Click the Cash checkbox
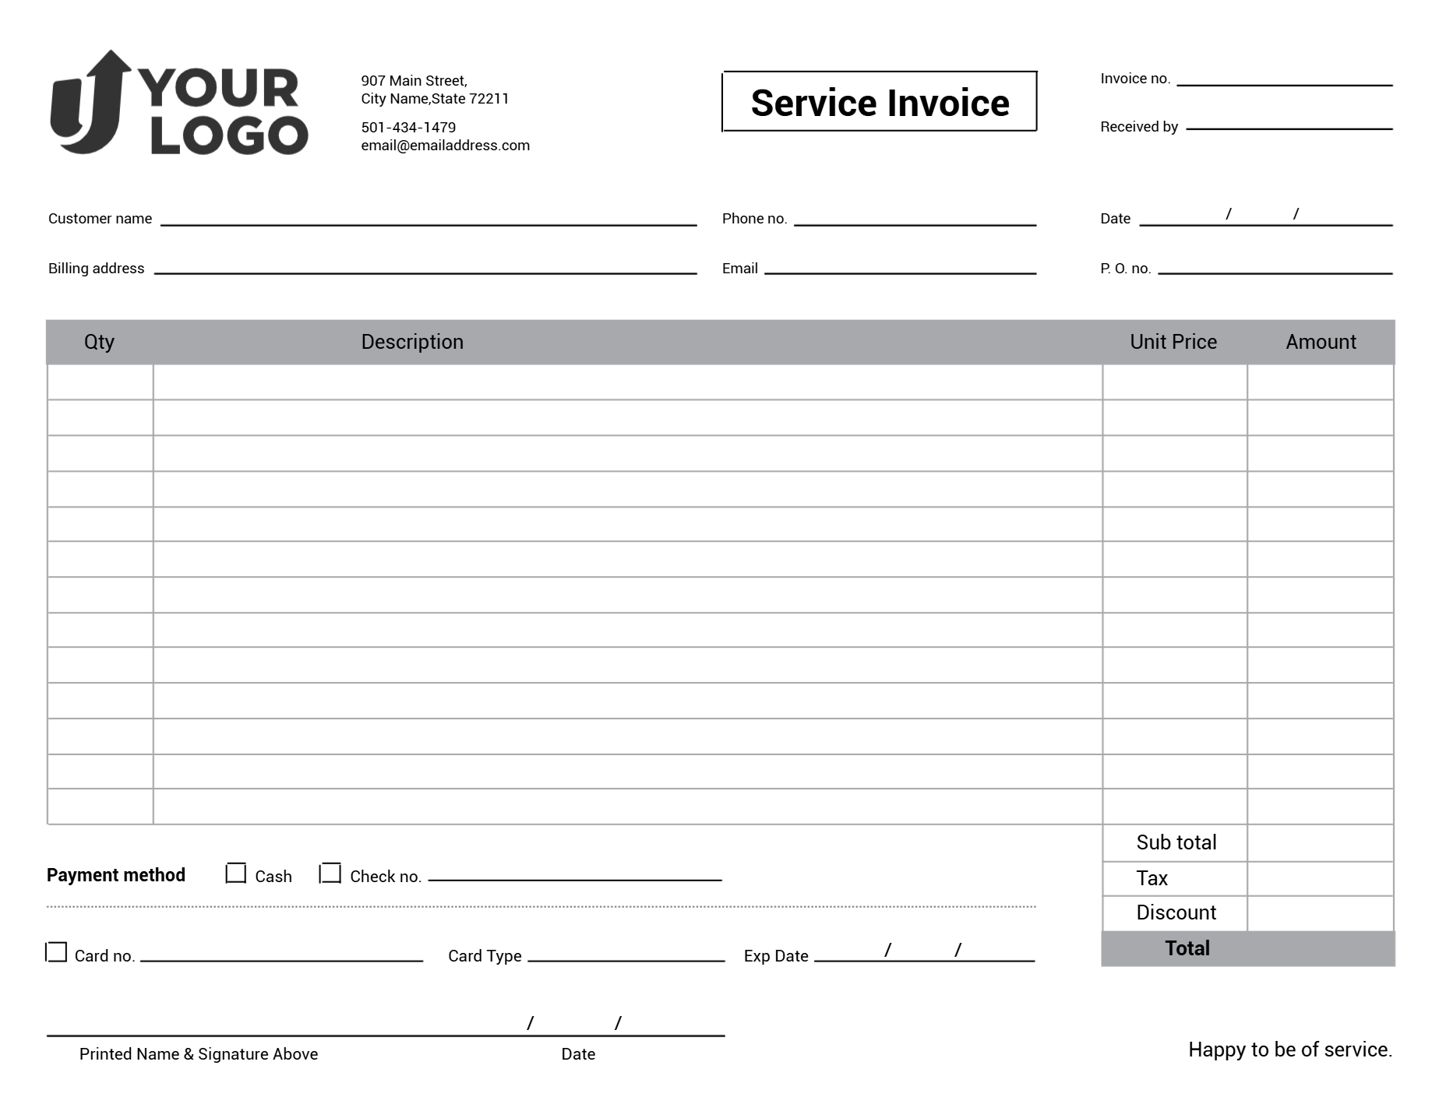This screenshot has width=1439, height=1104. [235, 874]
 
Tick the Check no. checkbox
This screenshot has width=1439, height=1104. [331, 874]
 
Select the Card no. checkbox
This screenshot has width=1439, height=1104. [57, 952]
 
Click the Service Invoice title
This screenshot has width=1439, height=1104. [880, 103]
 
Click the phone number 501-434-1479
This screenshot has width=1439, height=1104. [408, 127]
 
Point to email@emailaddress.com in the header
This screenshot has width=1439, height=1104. [445, 146]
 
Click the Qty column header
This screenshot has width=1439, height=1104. [99, 342]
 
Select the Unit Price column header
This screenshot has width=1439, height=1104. [1173, 342]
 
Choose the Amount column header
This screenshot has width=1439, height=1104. [1320, 342]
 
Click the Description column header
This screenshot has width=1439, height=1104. [412, 342]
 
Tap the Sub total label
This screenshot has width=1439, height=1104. [1176, 842]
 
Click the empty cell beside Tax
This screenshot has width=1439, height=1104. [1320, 878]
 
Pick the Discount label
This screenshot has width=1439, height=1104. [1176, 912]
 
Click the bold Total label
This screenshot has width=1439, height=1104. [1187, 948]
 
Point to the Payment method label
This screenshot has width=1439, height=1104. [116, 875]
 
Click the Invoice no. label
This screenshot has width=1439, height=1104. [1134, 79]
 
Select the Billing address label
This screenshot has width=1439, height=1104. [96, 269]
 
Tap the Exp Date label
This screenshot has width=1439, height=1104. [775, 956]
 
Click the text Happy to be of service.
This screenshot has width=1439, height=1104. [1289, 1050]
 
